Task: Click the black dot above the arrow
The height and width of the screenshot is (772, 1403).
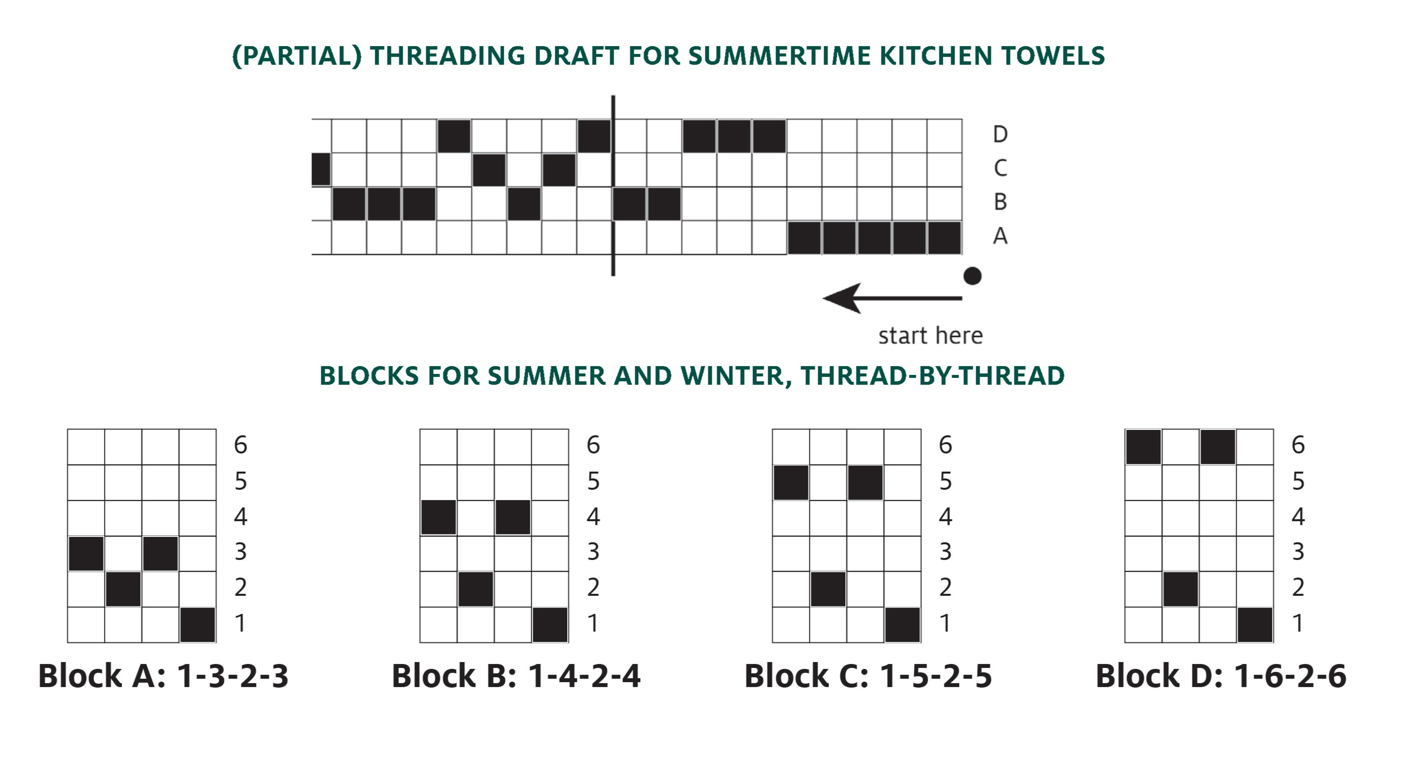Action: click(972, 276)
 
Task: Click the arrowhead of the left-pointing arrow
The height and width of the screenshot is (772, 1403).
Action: click(841, 298)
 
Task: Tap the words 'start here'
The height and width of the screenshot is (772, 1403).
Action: click(930, 336)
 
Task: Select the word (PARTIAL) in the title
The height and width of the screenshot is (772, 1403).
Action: click(297, 56)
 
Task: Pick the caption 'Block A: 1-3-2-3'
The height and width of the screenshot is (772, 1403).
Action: click(163, 676)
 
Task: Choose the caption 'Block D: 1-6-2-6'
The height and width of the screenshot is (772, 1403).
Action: click(1221, 676)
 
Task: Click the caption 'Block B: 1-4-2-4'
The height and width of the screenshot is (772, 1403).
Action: click(516, 676)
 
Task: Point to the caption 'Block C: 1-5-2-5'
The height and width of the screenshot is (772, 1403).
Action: click(868, 676)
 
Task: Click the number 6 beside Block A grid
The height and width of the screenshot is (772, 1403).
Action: click(240, 445)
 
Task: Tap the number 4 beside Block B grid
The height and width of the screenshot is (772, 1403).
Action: click(593, 516)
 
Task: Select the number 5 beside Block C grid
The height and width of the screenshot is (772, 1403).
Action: click(945, 481)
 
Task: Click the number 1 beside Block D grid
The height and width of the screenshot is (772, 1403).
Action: click(1298, 623)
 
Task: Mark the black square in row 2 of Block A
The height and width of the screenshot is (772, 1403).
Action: click(123, 589)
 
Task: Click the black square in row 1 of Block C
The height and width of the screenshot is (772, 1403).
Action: click(903, 625)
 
